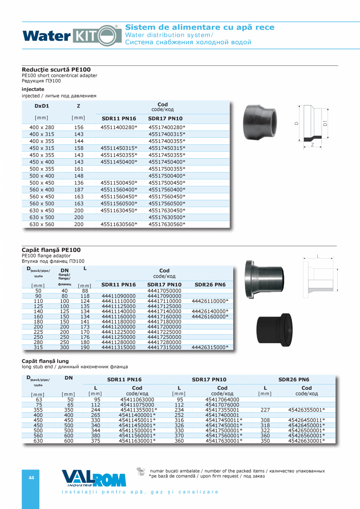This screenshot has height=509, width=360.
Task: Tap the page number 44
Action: (x=31, y=478)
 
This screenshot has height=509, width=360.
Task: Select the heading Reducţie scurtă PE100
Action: (x=56, y=70)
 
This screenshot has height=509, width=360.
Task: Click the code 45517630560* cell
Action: (x=167, y=225)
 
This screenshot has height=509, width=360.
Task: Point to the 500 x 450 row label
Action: (x=42, y=183)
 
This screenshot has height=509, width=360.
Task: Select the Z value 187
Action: (x=79, y=190)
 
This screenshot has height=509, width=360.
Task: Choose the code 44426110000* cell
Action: (x=210, y=301)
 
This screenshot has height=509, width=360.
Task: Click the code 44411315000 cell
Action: (x=119, y=347)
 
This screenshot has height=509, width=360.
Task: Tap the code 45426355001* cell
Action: (x=306, y=410)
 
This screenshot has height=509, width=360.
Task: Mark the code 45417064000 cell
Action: (x=222, y=399)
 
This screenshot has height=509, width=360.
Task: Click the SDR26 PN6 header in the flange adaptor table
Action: (x=210, y=285)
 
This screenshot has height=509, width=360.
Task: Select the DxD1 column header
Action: (x=42, y=106)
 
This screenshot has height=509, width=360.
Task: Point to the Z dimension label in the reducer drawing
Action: (x=313, y=144)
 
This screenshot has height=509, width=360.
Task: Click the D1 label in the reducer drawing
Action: (x=325, y=124)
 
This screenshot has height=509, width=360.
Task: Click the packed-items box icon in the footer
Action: (x=140, y=471)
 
